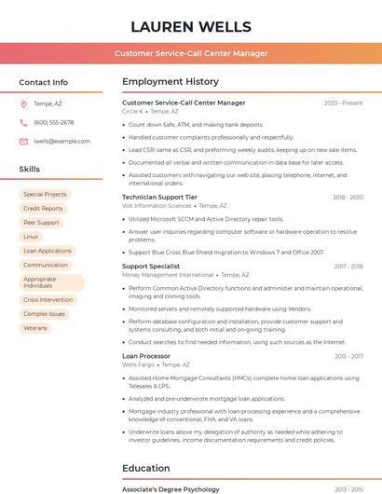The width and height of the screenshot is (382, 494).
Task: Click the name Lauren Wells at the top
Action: [x=191, y=26]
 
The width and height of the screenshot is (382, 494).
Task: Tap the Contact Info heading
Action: [x=44, y=82]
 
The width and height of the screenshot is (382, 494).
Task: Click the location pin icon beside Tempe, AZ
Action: [x=23, y=103]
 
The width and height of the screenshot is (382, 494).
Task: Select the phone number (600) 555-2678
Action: [x=53, y=122]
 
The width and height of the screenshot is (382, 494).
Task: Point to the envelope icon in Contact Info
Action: [x=23, y=141]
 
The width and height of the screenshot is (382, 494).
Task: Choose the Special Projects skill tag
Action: [x=45, y=195]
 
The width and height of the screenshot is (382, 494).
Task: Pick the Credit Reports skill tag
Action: [x=43, y=209]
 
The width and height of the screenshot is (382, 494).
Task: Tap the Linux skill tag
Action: [x=31, y=237]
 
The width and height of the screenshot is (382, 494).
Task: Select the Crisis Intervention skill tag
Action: [x=48, y=300]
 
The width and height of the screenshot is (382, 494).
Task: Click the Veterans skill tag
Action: [x=34, y=328]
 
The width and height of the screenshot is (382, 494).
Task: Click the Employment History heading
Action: [x=171, y=82]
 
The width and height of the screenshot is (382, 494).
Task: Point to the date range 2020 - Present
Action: [x=343, y=103]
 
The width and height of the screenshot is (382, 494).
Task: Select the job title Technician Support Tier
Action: [x=159, y=198]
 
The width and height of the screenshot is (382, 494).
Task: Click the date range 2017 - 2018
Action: [x=348, y=267]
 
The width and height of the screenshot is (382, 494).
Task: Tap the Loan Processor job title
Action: [x=146, y=356]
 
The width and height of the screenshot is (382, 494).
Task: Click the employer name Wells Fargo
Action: [x=139, y=365]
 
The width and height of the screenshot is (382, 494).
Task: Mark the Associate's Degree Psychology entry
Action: [x=171, y=489]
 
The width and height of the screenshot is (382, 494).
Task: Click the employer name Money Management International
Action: [x=168, y=276]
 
